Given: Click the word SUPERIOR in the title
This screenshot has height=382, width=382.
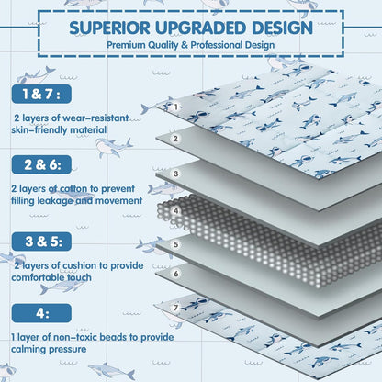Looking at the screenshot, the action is click(x=110, y=28).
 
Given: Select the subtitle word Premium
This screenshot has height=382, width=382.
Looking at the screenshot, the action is click(x=126, y=45).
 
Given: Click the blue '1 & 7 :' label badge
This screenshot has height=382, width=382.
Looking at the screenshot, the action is click(x=41, y=94).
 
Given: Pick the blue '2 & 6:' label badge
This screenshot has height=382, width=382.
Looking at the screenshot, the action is click(x=41, y=164).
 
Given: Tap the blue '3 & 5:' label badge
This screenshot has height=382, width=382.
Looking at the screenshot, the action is click(x=41, y=242).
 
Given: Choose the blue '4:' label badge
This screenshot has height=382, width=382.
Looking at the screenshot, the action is click(x=41, y=313).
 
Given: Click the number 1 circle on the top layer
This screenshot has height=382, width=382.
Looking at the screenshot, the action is click(x=175, y=107).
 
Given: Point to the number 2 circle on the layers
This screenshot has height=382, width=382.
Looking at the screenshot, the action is click(x=175, y=139).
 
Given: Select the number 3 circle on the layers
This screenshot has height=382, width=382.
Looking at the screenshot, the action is click(x=175, y=174).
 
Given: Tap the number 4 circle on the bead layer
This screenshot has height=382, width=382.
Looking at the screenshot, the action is click(x=175, y=210).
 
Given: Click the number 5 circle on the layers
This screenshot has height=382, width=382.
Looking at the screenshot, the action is click(x=175, y=244).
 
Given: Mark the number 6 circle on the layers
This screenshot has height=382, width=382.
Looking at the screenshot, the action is click(x=175, y=274).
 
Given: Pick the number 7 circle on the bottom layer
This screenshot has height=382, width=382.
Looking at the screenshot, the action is click(x=175, y=308).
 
